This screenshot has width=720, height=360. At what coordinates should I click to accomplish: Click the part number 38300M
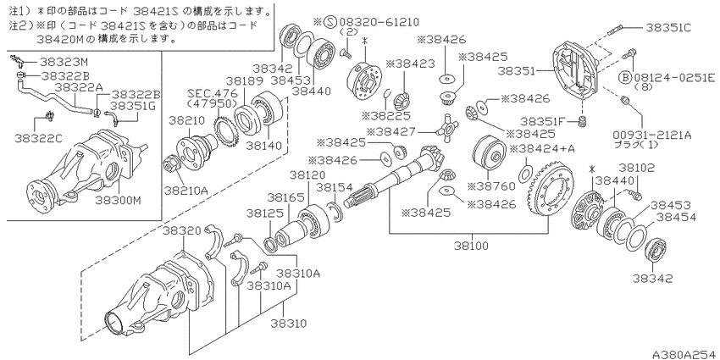(x=118, y=201)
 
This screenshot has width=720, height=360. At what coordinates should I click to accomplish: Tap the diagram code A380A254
(x=686, y=354)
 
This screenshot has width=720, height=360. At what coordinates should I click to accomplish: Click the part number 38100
(x=472, y=246)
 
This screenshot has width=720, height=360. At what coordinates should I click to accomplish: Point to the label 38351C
(x=669, y=27)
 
